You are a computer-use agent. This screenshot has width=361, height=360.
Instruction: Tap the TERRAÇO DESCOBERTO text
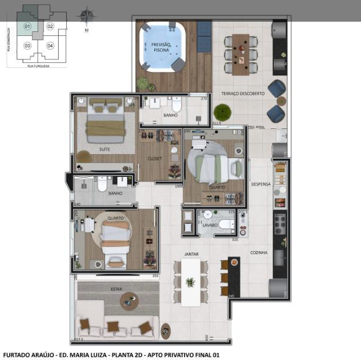[x=243, y=93]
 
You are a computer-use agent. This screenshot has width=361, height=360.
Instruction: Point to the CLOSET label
[x=154, y=159]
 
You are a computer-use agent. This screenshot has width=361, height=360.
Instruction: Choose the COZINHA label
[x=258, y=252]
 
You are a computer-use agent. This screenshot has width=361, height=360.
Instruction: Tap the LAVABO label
[x=210, y=225]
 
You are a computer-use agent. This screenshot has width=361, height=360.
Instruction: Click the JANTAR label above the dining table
[x=191, y=253]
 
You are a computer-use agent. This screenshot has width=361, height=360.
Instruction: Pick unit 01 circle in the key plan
[x=27, y=26]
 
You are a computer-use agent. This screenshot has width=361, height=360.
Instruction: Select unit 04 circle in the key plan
[x=50, y=45]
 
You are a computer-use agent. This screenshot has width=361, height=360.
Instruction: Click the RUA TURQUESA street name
[x=38, y=66]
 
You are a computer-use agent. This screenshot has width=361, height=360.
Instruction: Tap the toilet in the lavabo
[x=224, y=224]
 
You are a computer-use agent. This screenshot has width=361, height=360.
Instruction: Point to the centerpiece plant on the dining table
[x=190, y=282]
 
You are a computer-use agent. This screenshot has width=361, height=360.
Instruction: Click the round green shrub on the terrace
[x=221, y=111]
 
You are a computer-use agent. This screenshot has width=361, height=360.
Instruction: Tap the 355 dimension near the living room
[x=155, y=276]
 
